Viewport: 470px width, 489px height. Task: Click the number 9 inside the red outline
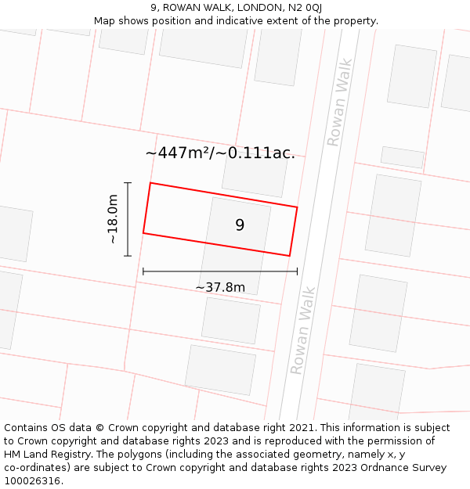coord(240,225)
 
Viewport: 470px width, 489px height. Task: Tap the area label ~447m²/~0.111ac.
coord(220,153)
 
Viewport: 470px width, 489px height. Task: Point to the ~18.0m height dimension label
coord(113,219)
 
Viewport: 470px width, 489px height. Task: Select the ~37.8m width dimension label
coord(220,287)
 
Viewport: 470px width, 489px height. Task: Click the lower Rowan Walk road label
coord(303,329)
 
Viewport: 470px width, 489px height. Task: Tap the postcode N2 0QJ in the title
coord(304,8)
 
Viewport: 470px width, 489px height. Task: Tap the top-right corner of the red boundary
coord(297,207)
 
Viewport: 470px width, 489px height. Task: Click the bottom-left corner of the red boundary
coord(143,232)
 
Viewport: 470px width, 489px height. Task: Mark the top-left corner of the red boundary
coord(150,183)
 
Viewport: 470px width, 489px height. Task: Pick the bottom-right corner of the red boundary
coord(290,255)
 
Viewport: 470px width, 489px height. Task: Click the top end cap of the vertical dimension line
coord(128,182)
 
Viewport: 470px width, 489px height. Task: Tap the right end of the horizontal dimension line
coord(297,271)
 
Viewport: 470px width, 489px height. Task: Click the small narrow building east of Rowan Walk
coord(402,157)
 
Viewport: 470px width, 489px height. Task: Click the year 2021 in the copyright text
coord(302,428)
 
